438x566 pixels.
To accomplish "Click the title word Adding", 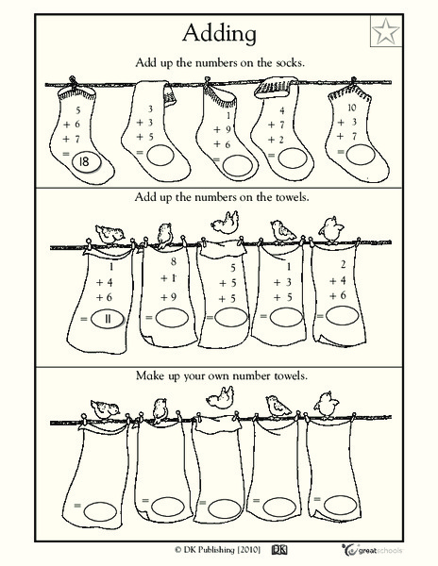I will coord(219,33).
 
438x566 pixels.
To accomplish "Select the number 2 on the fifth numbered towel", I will coord(344,265).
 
